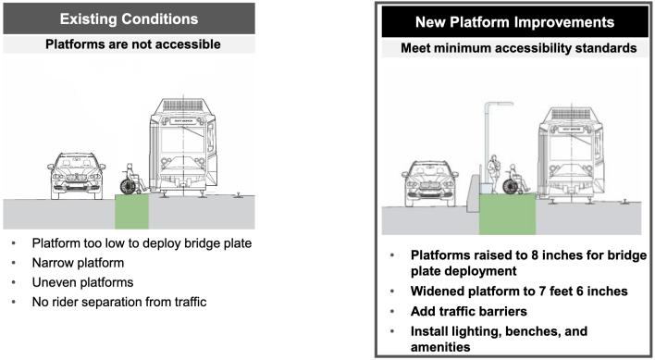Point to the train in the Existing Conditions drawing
coord(189,148)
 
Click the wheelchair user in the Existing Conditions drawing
coord(131,178)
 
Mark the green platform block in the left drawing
coord(131,213)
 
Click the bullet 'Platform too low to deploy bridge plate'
coord(139,244)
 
